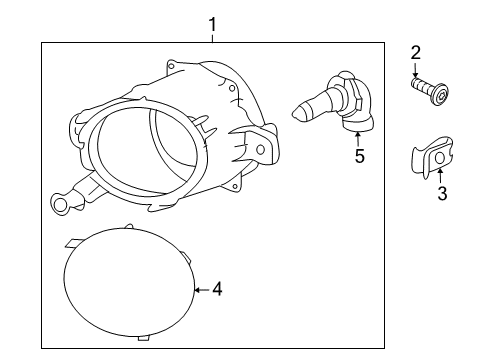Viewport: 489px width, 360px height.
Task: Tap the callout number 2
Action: pyautogui.click(x=415, y=51)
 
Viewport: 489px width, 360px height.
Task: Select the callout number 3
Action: pyautogui.click(x=441, y=193)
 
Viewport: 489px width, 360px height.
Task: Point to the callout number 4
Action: pyautogui.click(x=217, y=289)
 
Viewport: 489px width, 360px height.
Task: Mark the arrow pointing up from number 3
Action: pyautogui.click(x=441, y=174)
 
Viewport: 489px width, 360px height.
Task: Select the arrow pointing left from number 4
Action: pyautogui.click(x=201, y=289)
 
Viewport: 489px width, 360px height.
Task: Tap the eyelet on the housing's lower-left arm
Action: pyautogui.click(x=63, y=205)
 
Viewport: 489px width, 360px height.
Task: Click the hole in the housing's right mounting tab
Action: pyautogui.click(x=262, y=150)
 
